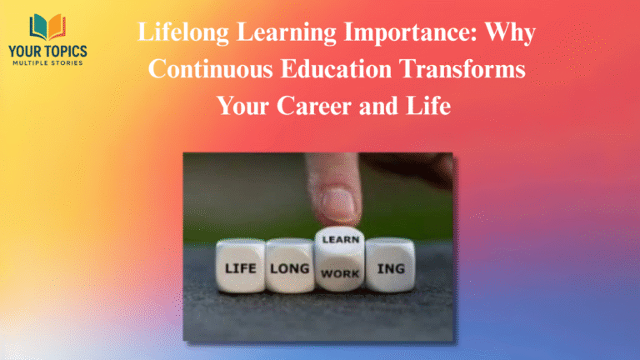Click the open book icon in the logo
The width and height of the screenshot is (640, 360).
[x=47, y=27]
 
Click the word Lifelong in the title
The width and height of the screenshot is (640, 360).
[x=177, y=35]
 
